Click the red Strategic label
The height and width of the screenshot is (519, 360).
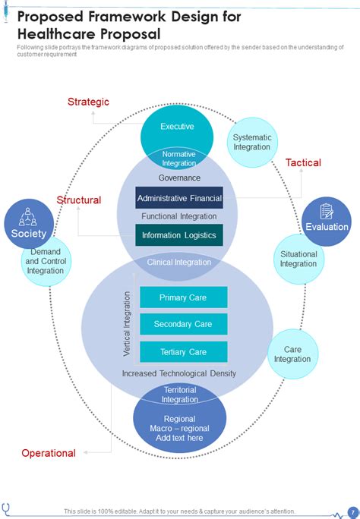(x=88, y=102)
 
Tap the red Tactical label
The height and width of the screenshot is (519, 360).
(x=303, y=162)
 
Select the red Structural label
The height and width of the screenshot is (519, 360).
(x=79, y=200)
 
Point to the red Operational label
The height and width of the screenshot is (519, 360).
(x=49, y=453)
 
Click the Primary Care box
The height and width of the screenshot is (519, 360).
(x=184, y=297)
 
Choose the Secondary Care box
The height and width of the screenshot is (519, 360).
(x=184, y=324)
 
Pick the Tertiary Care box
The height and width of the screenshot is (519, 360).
(x=184, y=352)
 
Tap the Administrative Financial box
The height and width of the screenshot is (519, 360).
(x=179, y=198)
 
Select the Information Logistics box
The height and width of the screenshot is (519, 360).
(x=179, y=235)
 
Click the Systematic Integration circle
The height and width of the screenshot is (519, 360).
(x=252, y=143)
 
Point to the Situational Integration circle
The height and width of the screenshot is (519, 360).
(x=298, y=259)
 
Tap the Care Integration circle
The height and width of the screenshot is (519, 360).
(x=292, y=354)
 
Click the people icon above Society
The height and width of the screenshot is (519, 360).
(x=28, y=216)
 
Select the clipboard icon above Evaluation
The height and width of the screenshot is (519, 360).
(x=327, y=211)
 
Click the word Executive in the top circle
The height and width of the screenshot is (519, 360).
(x=177, y=127)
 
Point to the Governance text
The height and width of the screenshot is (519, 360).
(x=179, y=178)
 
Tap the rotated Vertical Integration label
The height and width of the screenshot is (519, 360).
(x=127, y=324)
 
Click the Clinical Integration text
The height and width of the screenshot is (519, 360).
(x=179, y=262)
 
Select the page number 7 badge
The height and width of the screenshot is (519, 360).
(x=353, y=512)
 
